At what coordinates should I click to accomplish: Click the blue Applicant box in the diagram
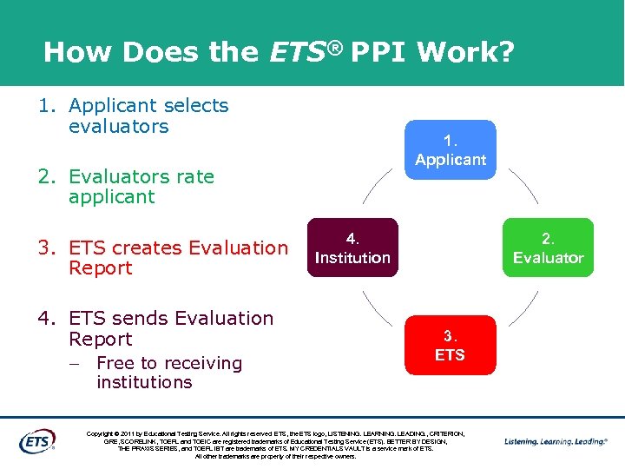pos(451,149)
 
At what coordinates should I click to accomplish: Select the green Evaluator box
pos(549,248)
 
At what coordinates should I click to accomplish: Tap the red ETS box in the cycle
pos(450,345)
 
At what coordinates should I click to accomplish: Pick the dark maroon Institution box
pos(352,248)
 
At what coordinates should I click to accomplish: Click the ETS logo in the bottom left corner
pos(37,440)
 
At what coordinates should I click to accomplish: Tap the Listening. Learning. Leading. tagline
pos(556,441)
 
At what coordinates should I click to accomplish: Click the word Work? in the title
pos(465,53)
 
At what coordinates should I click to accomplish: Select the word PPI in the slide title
pos(378,53)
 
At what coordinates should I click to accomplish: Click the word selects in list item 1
pos(194,106)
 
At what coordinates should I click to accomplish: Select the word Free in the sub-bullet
pos(115,363)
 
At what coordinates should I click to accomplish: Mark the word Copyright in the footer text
pos(103,433)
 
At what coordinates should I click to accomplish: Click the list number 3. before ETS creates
pos(47,248)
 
